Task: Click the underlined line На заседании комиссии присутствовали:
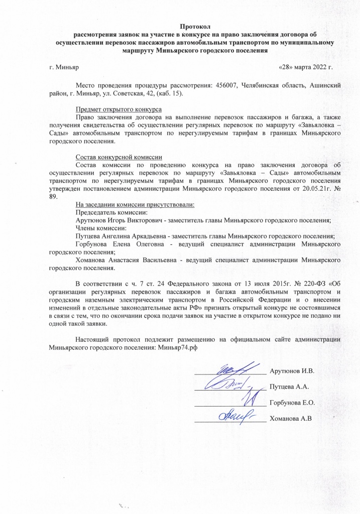(x=135, y=204)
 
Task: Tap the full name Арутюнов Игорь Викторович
(x=120, y=220)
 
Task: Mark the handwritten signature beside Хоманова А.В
(x=235, y=416)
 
